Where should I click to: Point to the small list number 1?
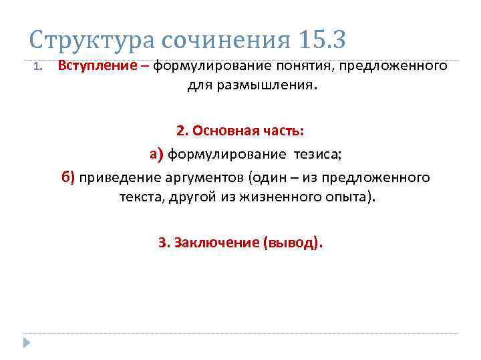click(x=38, y=67)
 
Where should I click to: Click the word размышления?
click(x=276, y=86)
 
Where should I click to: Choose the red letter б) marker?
click(x=69, y=177)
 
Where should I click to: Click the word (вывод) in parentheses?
click(x=293, y=242)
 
